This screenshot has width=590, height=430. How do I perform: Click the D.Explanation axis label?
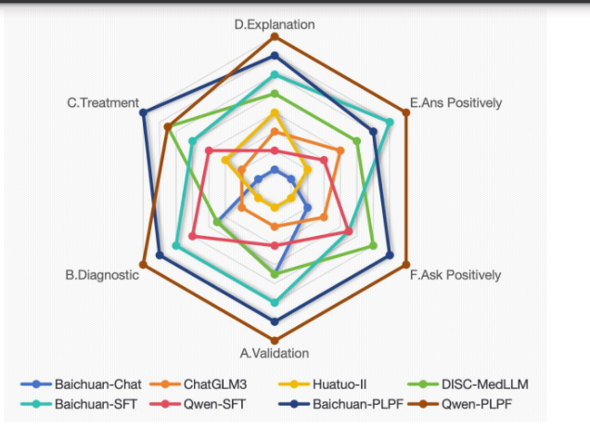pyautogui.click(x=274, y=24)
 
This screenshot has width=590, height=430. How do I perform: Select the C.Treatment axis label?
pyautogui.click(x=102, y=103)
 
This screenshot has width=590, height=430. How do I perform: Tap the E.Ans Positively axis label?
pyautogui.click(x=455, y=103)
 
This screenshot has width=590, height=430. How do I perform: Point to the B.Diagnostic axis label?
pyautogui.click(x=101, y=275)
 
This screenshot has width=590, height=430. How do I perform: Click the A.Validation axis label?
pyautogui.click(x=275, y=353)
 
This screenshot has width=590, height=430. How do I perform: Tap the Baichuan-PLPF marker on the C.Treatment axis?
pyautogui.click(x=142, y=113)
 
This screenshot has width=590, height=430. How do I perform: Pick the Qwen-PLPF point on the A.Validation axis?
pyautogui.click(x=275, y=339)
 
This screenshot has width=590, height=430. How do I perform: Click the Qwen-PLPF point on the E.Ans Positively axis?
pyautogui.click(x=406, y=113)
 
